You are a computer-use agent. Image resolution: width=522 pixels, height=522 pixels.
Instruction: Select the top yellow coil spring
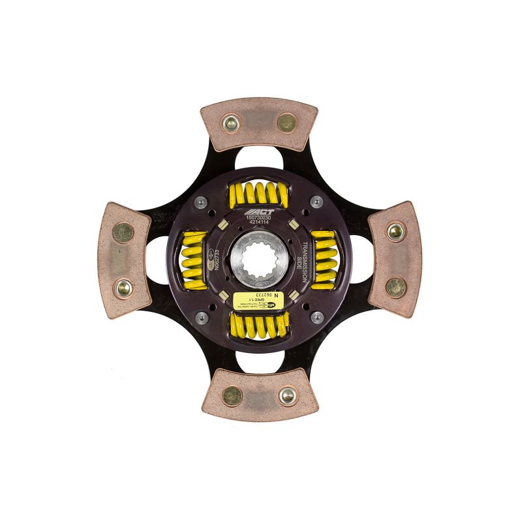click(x=259, y=194)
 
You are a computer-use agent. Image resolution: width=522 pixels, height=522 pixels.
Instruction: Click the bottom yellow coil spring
click(x=260, y=325)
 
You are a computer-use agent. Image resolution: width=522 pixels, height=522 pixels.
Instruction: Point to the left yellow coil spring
click(x=194, y=259)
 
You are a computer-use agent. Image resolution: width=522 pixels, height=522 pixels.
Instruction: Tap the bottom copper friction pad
click(x=259, y=394)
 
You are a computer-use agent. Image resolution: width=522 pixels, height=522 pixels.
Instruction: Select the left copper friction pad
click(x=125, y=260)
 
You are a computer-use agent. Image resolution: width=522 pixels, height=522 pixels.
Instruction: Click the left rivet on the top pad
click(x=230, y=123)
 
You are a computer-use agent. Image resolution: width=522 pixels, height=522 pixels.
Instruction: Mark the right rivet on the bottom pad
click(x=287, y=395)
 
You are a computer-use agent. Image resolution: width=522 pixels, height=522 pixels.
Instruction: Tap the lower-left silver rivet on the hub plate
click(x=202, y=318)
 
